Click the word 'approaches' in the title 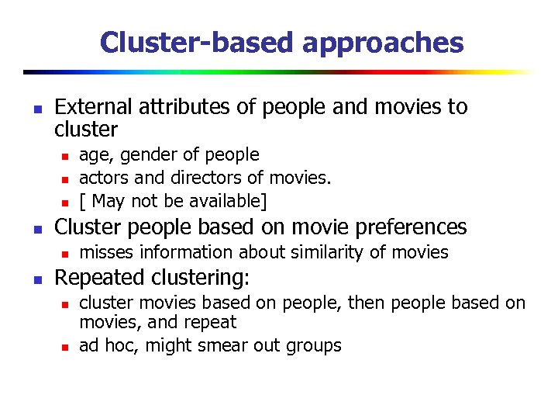(383, 43)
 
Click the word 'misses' (107, 252)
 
